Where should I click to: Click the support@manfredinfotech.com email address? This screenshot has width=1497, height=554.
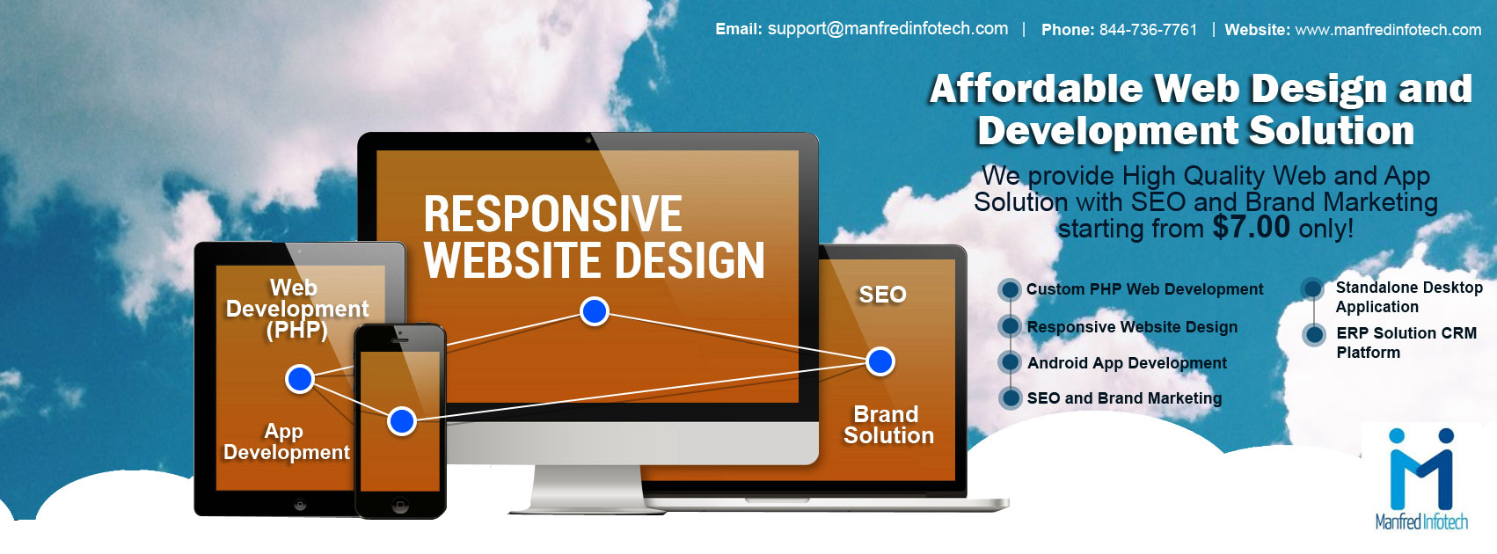tap(887, 29)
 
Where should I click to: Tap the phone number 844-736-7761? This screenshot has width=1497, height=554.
tap(1148, 30)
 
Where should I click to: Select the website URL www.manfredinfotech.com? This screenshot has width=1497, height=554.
tap(1388, 30)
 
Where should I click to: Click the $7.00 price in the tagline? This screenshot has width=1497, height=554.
tap(1251, 227)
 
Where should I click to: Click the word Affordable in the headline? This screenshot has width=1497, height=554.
tap(1035, 89)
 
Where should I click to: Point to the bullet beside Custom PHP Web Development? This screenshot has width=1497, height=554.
tap(1011, 289)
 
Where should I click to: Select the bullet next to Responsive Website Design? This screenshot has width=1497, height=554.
tap(1011, 326)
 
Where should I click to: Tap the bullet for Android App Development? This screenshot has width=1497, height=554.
tap(1011, 362)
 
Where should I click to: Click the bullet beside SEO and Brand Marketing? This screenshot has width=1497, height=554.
tap(1011, 398)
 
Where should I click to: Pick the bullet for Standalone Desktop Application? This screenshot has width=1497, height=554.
tap(1313, 288)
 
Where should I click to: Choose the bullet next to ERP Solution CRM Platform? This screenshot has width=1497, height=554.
tap(1315, 334)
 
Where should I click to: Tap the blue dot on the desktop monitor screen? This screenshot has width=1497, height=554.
tap(595, 311)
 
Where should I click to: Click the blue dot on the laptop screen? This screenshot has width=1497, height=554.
tap(880, 361)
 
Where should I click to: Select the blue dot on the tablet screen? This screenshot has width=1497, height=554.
tap(300, 379)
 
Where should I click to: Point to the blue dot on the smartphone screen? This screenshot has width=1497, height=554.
tap(402, 421)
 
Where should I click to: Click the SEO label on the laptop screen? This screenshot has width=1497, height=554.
tap(882, 295)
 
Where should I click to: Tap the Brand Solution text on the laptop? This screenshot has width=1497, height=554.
tap(888, 425)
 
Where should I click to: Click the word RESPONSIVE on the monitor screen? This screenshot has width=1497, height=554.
tap(552, 214)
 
